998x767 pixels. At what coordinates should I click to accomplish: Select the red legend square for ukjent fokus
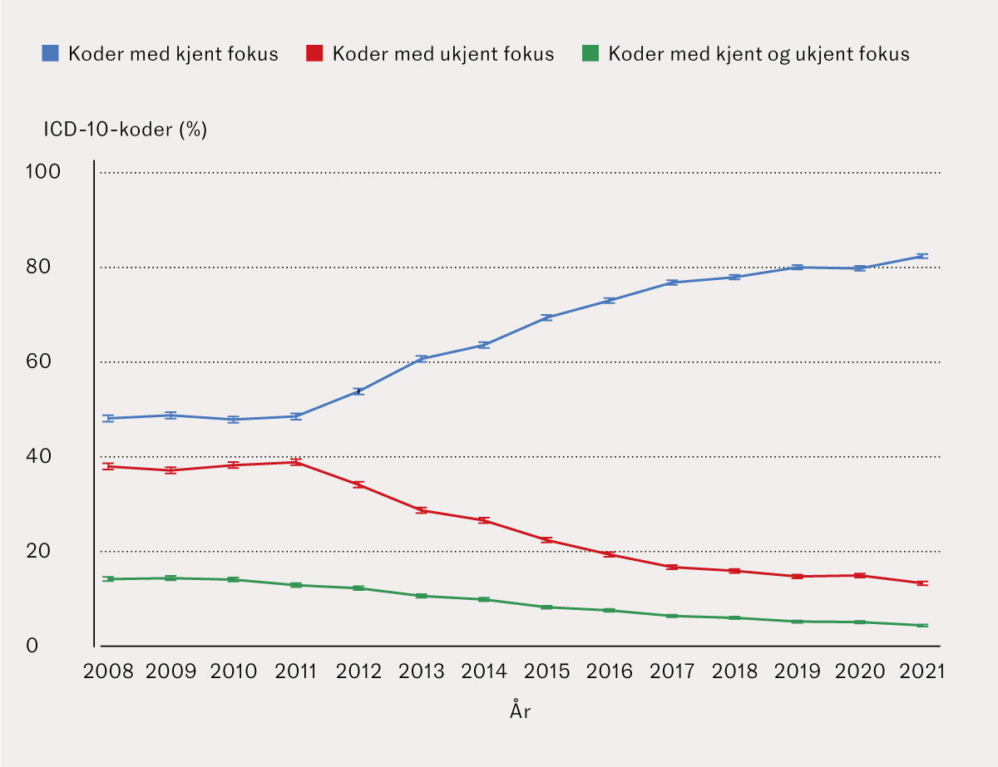pyautogui.click(x=314, y=55)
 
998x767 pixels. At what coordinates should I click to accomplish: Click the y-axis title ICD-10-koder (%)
pyautogui.click(x=125, y=130)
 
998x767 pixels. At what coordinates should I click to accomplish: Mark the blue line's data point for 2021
pyautogui.click(x=921, y=256)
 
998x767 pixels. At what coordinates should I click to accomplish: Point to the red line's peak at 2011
pyautogui.click(x=295, y=462)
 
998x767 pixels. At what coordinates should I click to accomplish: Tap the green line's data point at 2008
pyautogui.click(x=108, y=578)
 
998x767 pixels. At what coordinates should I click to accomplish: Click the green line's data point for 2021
pyautogui.click(x=921, y=625)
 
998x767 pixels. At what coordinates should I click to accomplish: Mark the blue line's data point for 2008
pyautogui.click(x=108, y=418)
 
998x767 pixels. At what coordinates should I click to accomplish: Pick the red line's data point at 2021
pyautogui.click(x=921, y=583)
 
